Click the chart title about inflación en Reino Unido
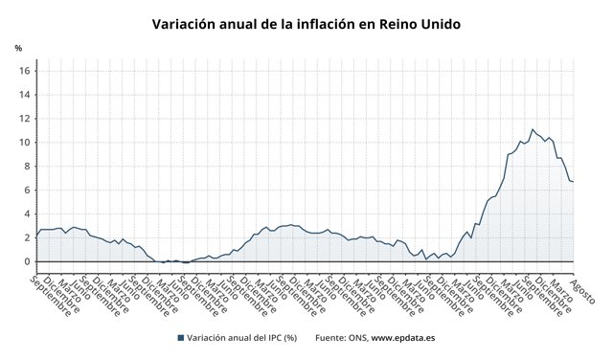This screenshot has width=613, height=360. coord(306,23)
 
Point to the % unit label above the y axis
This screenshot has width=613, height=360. coord(18,48)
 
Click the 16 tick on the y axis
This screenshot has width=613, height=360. coord(27,71)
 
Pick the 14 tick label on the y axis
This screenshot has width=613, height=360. coord(27,95)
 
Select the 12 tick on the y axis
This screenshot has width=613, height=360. coord(27,119)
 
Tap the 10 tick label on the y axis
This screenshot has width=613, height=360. coord(27,143)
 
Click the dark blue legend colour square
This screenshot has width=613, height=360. coord(180,338)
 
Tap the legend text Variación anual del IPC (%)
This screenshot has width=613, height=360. coord(241,338)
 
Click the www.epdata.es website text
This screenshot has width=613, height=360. coord(403,338)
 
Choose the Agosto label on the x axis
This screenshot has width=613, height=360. coord(581,288)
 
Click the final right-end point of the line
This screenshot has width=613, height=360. coord(573,182)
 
